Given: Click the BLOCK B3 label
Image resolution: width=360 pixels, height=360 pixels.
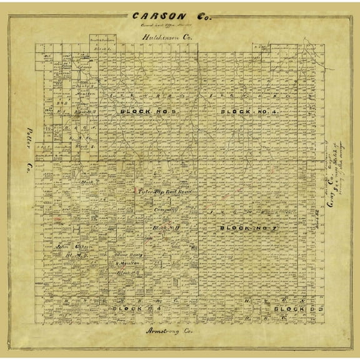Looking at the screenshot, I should click(x=291, y=309).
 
